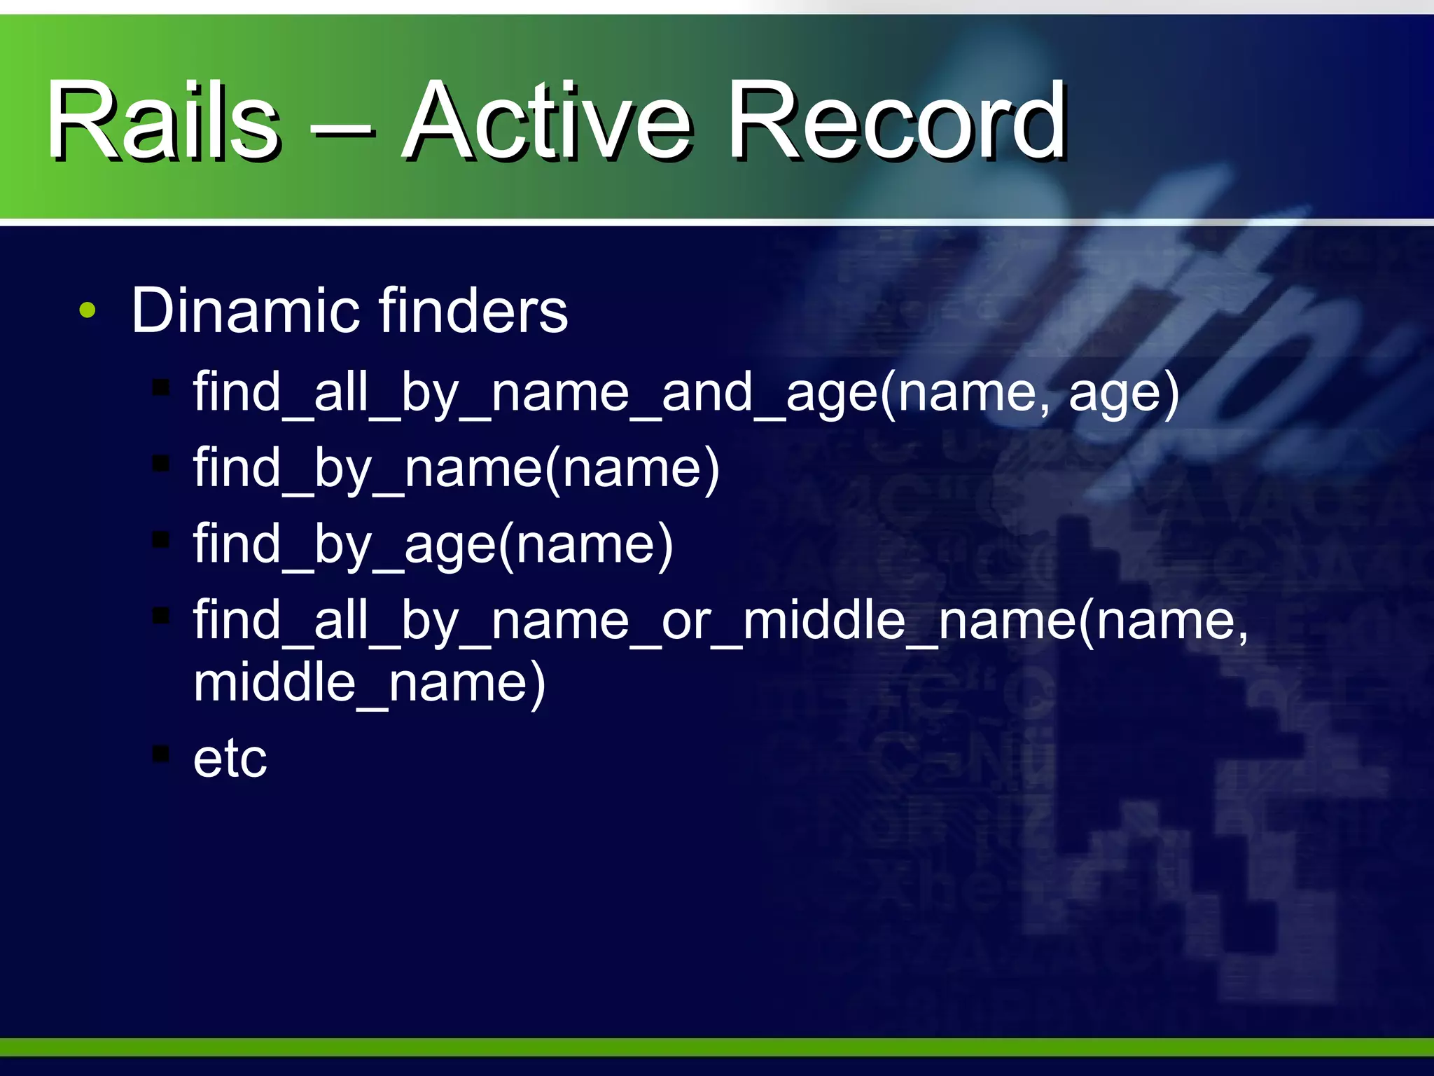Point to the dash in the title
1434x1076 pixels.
[x=343, y=130]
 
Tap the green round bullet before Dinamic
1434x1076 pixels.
[x=87, y=310]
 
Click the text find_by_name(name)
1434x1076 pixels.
[x=456, y=469]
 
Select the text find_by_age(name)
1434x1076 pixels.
[x=433, y=544]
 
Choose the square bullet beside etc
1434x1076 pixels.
[x=161, y=754]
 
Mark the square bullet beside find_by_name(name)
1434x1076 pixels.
[x=161, y=463]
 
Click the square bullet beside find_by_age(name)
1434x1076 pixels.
[x=161, y=539]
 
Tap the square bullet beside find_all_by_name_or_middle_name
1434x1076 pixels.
[x=161, y=615]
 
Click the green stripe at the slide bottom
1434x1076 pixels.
[x=717, y=1047]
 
